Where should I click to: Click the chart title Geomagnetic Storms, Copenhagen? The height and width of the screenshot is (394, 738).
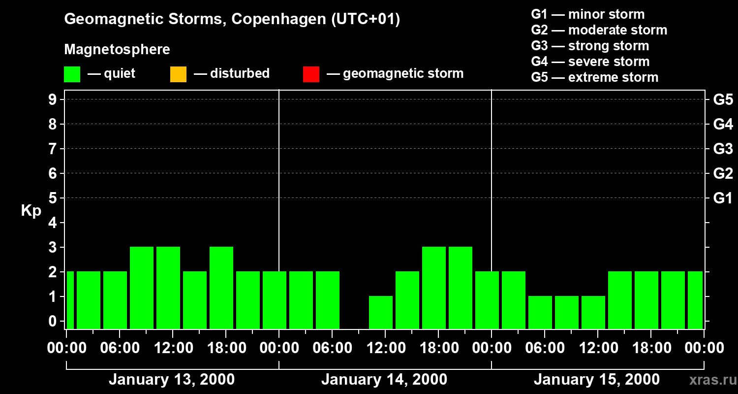[x=232, y=19]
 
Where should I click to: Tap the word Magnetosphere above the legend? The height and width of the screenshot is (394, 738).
[x=117, y=50]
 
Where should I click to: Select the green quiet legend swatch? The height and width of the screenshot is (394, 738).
[x=72, y=74]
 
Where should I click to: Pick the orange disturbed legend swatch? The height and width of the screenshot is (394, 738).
[x=178, y=74]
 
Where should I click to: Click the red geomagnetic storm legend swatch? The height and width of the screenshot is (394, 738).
[x=311, y=74]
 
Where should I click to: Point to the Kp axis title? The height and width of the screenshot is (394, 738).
[x=31, y=211]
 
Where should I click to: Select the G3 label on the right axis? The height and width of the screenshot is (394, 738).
[x=723, y=149]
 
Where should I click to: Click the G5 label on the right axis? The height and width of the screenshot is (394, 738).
[x=723, y=99]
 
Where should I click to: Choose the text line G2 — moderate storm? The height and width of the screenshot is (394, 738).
[x=599, y=30]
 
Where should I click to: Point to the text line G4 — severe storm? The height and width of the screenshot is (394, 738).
[x=590, y=62]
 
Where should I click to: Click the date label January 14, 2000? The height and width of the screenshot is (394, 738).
[x=384, y=380]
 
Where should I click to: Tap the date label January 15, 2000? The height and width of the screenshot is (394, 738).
[x=596, y=380]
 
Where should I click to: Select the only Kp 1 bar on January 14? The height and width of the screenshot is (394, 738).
[x=381, y=312]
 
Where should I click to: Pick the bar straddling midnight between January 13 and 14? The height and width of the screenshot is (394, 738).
[x=275, y=300]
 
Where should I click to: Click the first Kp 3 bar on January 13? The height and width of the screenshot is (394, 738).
[x=142, y=288]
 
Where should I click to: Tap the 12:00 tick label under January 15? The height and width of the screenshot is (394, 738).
[x=597, y=348]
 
